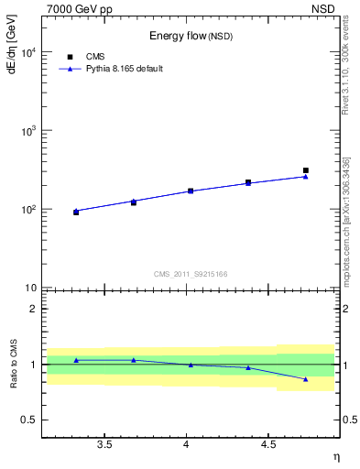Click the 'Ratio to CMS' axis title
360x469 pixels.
click(x=13, y=365)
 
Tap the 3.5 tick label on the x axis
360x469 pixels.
click(x=104, y=444)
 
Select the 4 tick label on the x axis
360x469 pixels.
click(x=187, y=444)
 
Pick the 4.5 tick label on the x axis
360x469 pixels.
click(x=268, y=444)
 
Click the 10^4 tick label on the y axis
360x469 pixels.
click(x=28, y=53)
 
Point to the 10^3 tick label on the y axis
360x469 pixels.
click(x=28, y=131)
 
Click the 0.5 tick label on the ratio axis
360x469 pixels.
click(x=28, y=420)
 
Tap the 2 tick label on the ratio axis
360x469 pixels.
click(x=33, y=309)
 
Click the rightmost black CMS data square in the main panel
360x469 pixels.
click(x=306, y=170)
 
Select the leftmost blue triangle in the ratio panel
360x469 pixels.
click(x=76, y=360)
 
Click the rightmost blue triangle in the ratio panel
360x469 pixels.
click(x=306, y=378)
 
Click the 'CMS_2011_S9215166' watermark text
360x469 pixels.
click(x=191, y=274)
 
